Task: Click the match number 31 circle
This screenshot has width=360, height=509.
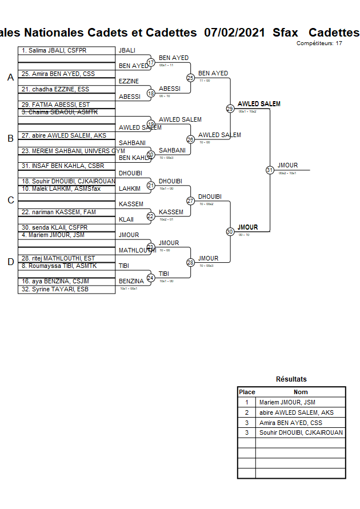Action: (x=269, y=170)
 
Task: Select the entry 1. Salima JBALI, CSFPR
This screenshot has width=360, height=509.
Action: (x=54, y=51)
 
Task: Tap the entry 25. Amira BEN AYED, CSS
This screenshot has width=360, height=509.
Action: (x=58, y=74)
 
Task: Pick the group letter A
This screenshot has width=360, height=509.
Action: (x=10, y=78)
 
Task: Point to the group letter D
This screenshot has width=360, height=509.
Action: (x=10, y=262)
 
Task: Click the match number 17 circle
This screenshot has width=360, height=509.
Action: (x=151, y=62)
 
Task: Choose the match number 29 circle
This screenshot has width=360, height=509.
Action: (x=230, y=108)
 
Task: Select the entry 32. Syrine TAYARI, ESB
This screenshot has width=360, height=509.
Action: (x=55, y=289)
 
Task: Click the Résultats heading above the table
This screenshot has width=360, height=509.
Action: (x=291, y=379)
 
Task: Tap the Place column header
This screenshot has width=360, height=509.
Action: (x=247, y=392)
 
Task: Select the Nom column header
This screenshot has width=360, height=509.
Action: (x=301, y=392)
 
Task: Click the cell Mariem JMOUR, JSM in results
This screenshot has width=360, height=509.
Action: (x=287, y=402)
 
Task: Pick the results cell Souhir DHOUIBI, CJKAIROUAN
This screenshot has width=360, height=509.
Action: (x=301, y=432)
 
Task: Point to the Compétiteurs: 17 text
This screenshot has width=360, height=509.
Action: (x=319, y=43)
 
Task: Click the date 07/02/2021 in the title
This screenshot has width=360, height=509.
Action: (x=234, y=32)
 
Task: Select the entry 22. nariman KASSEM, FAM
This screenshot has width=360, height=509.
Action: (x=59, y=212)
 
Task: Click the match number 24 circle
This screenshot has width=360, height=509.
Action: (x=151, y=278)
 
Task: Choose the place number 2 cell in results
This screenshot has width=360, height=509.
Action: (x=247, y=412)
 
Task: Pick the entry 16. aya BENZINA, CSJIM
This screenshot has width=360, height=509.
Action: (x=55, y=281)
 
